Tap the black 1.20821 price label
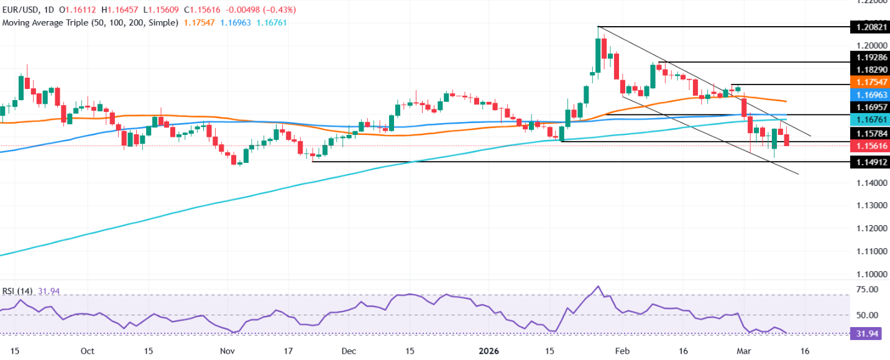tap(869, 27)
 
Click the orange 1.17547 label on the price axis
tap(869, 84)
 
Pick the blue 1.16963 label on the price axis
tap(869, 97)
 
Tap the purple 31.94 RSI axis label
tap(869, 334)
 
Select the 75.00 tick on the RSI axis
tap(869, 290)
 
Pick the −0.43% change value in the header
tap(280, 10)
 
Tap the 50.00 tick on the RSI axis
tap(869, 315)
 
